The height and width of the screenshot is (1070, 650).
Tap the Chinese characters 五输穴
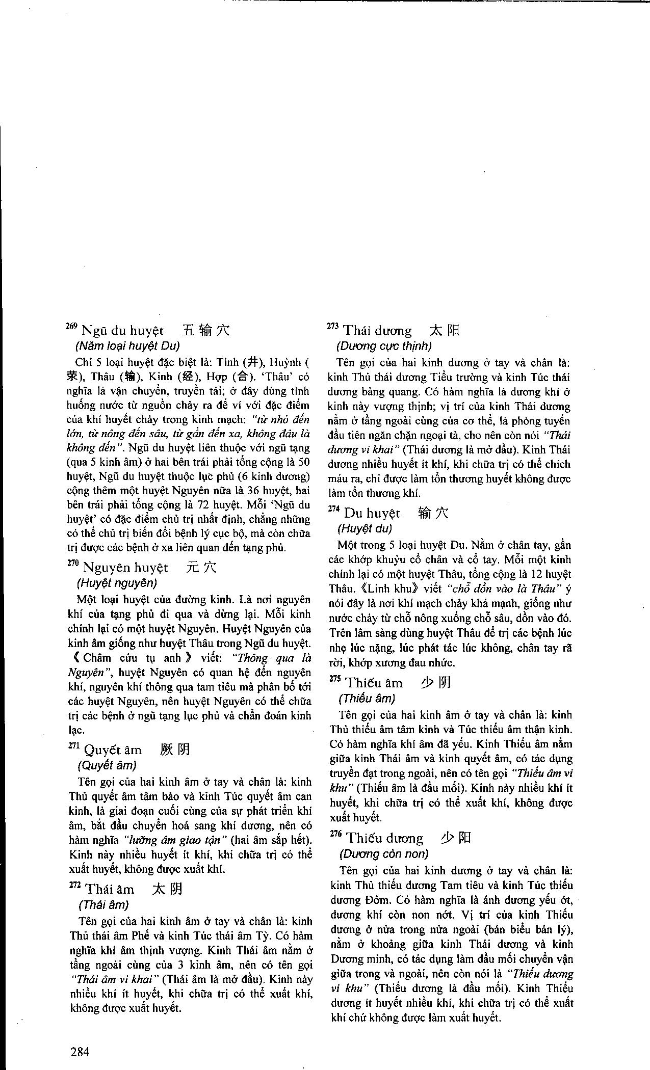point(206,330)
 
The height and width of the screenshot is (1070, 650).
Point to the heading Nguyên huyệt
point(125,568)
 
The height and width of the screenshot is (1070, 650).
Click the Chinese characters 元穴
point(202,568)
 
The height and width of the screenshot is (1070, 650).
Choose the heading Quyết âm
point(113,750)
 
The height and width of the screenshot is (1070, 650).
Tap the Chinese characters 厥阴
point(175,750)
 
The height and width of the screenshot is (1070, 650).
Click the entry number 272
point(74,886)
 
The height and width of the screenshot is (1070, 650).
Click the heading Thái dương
point(378,331)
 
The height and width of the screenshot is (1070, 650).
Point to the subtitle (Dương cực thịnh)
point(384,346)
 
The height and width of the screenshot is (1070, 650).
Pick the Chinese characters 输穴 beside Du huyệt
point(433,513)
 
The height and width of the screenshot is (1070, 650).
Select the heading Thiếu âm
point(374,683)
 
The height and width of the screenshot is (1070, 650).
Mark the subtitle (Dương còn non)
point(384,853)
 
